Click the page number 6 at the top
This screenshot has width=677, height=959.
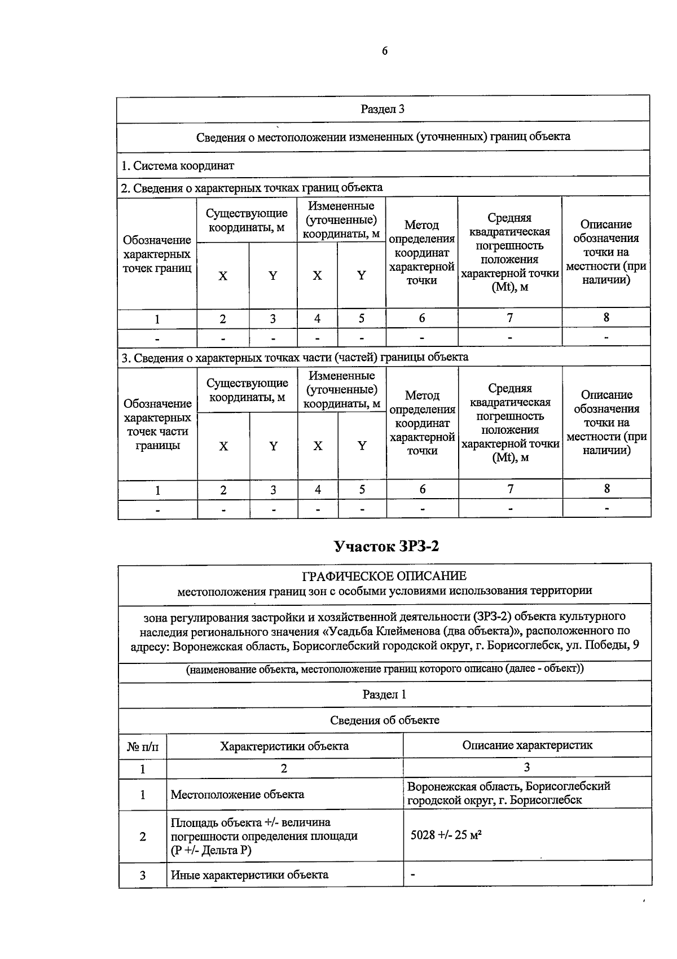(x=385, y=51)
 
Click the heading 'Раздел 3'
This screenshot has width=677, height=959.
(x=383, y=109)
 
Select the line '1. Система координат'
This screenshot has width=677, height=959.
(x=178, y=166)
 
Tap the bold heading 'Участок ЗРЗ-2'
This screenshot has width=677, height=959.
(x=385, y=546)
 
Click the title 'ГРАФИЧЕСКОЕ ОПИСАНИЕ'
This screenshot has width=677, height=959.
(x=385, y=576)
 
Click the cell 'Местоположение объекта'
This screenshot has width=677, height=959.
(x=237, y=794)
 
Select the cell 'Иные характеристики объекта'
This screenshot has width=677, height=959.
(x=249, y=875)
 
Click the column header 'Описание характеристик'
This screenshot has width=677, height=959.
(x=527, y=745)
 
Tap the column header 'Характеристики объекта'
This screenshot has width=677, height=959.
(x=284, y=746)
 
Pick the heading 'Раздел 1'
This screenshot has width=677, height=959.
(x=384, y=694)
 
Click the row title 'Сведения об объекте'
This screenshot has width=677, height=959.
(x=384, y=720)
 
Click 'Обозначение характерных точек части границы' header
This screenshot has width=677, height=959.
(x=157, y=424)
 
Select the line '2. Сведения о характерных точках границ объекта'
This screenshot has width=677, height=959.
(x=252, y=188)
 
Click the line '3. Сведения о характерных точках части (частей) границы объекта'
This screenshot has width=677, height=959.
(x=295, y=357)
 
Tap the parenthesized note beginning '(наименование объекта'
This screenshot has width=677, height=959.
(x=385, y=669)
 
